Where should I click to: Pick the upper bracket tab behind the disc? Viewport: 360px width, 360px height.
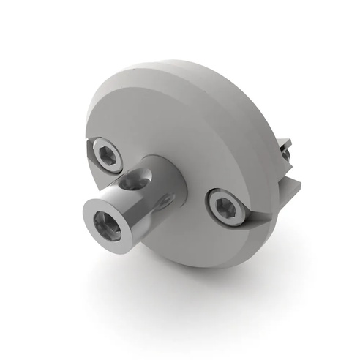(285, 145)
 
